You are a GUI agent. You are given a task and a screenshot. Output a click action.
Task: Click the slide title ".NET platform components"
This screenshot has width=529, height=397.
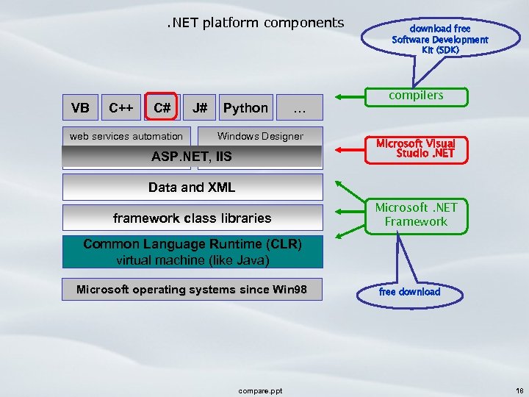pos(254,23)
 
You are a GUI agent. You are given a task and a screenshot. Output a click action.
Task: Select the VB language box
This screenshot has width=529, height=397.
pos(81,108)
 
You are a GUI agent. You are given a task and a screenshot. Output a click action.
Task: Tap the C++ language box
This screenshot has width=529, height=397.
pos(121,108)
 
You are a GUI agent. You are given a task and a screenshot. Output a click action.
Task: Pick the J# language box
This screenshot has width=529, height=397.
pos(200,108)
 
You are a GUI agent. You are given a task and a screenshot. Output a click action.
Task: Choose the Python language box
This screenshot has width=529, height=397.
pos(245,108)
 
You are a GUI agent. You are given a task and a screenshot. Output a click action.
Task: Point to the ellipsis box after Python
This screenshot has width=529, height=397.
pos(299,109)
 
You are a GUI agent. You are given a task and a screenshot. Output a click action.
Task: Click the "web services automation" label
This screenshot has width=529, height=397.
pos(126,136)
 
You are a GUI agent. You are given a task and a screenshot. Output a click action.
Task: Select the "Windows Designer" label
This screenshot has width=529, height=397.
pos(260,136)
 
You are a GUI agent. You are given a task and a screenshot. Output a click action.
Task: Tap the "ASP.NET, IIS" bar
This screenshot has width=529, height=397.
pos(192,157)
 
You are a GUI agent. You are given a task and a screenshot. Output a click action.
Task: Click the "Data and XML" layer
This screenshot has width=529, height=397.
pos(192,187)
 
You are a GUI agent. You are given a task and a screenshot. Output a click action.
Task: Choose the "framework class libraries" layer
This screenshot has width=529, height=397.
pos(192,218)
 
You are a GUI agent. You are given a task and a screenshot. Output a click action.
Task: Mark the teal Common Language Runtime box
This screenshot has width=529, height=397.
pos(192,251)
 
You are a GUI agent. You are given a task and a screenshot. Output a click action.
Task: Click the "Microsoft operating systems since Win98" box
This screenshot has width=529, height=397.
pos(192,290)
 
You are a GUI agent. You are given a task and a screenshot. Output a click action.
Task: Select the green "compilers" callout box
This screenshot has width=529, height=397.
pos(416,96)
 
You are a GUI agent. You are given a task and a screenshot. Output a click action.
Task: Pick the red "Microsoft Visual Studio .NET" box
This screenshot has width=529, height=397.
pos(416,149)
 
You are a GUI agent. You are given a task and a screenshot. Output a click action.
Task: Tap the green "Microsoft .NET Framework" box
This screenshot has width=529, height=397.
pos(416,215)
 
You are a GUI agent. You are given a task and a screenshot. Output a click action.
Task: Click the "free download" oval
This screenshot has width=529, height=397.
pos(410,292)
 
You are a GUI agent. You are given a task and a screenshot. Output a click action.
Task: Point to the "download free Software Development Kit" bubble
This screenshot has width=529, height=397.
pos(439,39)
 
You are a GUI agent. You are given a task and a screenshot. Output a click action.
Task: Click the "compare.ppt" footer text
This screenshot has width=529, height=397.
pos(261,390)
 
